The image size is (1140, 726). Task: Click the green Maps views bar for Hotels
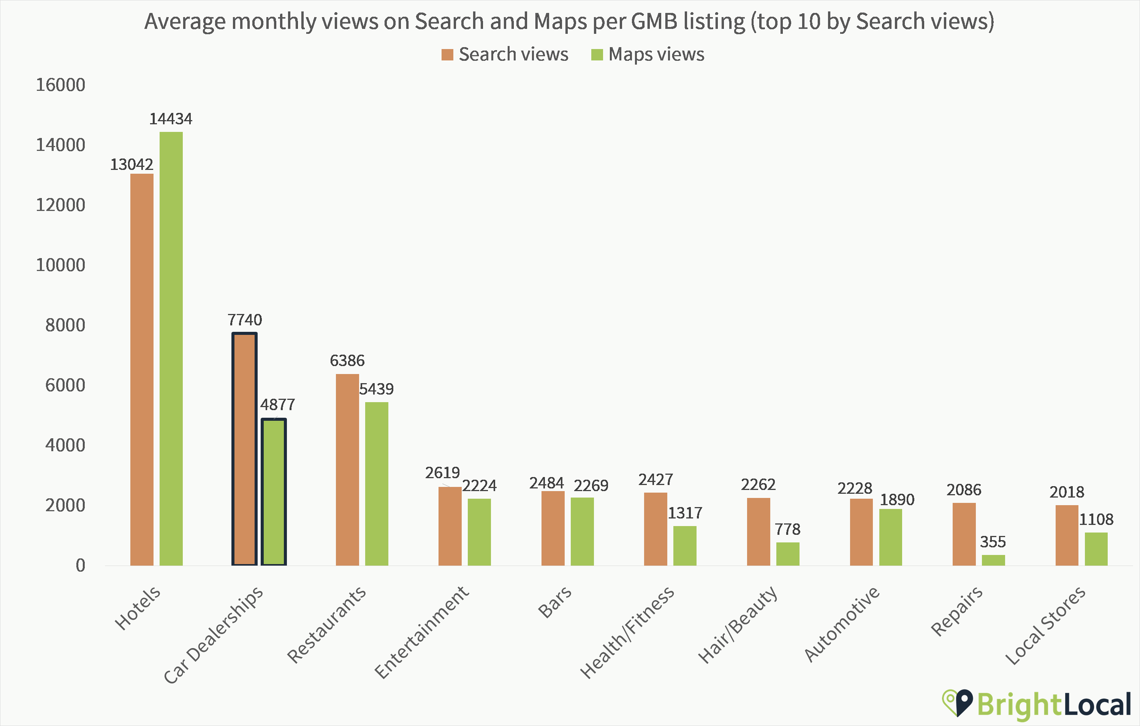pos(171,348)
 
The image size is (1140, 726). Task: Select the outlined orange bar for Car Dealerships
pos(244,449)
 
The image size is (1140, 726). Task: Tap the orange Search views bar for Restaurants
pos(347,469)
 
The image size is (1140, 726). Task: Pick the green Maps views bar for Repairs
pos(993,560)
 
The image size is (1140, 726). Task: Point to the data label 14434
pos(171,119)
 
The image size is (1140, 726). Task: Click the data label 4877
pos(277,405)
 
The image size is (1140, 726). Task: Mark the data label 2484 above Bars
pos(546,483)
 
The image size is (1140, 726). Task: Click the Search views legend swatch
pos(447,55)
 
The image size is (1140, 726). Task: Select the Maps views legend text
pos(656,54)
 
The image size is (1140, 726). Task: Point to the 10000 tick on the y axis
pos(60,265)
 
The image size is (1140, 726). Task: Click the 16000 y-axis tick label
pos(60,85)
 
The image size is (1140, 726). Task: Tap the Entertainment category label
pos(421,632)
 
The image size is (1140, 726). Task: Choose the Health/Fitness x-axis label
pos(627,632)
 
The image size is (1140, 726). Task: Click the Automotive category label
pos(841,624)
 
